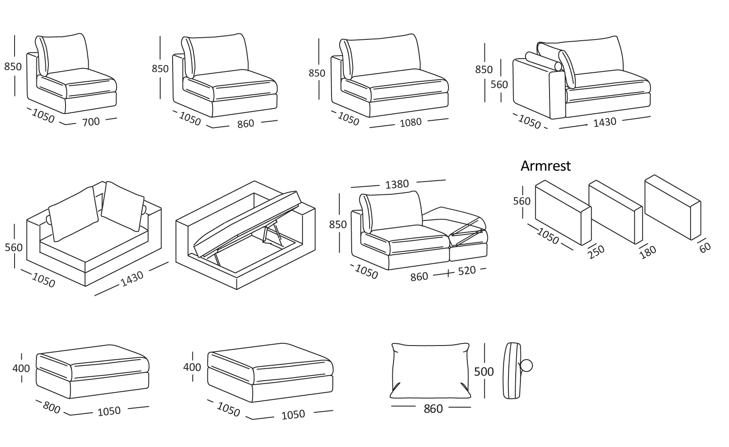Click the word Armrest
(545, 166)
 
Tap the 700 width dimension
(91, 122)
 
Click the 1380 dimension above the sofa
(397, 184)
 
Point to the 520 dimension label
(467, 271)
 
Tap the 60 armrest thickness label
(705, 247)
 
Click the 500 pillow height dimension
(484, 372)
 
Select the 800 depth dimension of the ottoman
(51, 407)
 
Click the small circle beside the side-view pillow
(526, 366)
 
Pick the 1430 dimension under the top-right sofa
(604, 122)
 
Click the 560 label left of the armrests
(522, 201)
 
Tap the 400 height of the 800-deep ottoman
(21, 368)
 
